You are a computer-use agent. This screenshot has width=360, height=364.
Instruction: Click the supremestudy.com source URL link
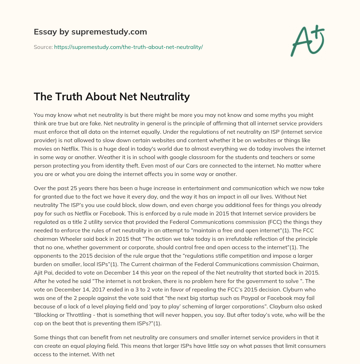(128, 47)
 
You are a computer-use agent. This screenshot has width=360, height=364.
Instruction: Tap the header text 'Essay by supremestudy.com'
(90, 32)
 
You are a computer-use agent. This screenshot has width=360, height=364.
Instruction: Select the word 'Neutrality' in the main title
(163, 96)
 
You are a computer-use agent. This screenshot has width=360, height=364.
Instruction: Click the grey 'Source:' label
(43, 47)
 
